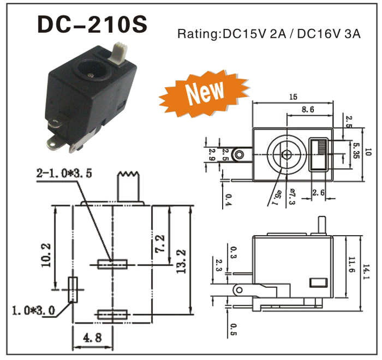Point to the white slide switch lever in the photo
click(x=117, y=51)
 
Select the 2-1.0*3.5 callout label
click(x=64, y=174)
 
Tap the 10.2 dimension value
click(x=46, y=253)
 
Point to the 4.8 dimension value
click(x=92, y=338)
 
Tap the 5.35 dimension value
click(x=357, y=148)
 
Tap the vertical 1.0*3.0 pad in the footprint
click(x=73, y=290)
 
